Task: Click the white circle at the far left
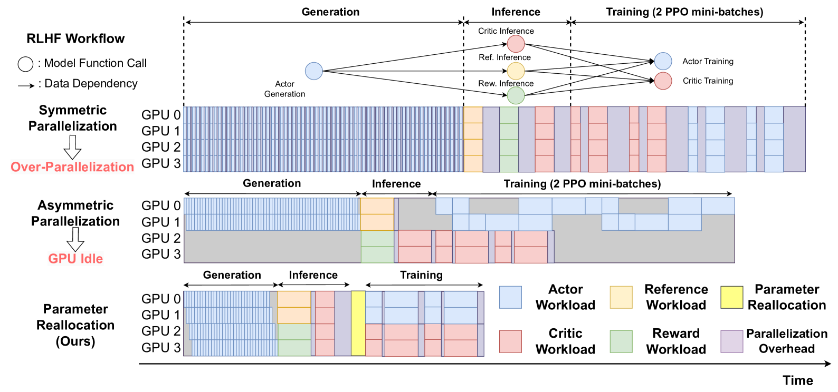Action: (x=25, y=64)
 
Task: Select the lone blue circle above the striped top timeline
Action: (x=313, y=71)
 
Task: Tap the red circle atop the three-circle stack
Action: (x=516, y=44)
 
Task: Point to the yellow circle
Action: (x=516, y=71)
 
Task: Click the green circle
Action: (x=516, y=96)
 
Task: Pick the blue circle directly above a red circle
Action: (x=663, y=61)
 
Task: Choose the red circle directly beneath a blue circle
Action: (x=663, y=81)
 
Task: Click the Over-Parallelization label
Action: (x=72, y=166)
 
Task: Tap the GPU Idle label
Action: (x=75, y=258)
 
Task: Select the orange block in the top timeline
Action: (x=473, y=140)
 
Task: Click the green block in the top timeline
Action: (x=509, y=140)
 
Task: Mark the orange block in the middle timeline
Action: (x=377, y=214)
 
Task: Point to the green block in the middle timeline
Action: (x=377, y=247)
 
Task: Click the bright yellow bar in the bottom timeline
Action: (x=358, y=324)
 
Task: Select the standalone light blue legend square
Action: (x=510, y=297)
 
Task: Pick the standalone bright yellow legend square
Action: (x=731, y=297)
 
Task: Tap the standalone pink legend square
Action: (x=510, y=341)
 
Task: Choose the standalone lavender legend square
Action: (x=731, y=341)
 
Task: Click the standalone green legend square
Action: (x=621, y=341)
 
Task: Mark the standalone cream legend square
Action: (x=621, y=297)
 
